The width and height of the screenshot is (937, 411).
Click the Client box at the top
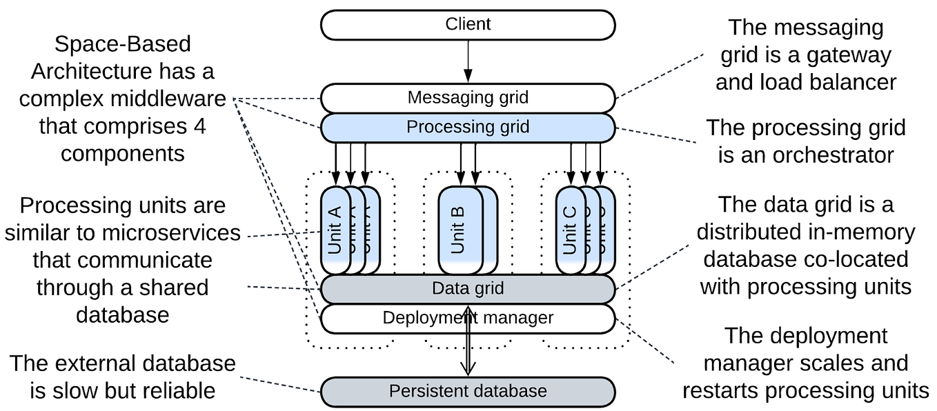[x=467, y=24]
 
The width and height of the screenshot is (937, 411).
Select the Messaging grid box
[x=467, y=97]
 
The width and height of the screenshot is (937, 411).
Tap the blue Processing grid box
[x=467, y=128]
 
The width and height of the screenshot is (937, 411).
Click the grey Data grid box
[x=467, y=289]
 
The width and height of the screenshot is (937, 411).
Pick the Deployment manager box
[x=467, y=318]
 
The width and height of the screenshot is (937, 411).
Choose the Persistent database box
[x=467, y=392]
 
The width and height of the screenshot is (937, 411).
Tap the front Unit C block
[x=571, y=230]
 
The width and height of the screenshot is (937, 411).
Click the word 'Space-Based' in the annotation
[x=122, y=45]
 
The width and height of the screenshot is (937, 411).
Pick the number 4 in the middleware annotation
[x=199, y=126]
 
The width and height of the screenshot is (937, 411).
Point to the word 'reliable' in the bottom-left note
[x=173, y=391]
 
